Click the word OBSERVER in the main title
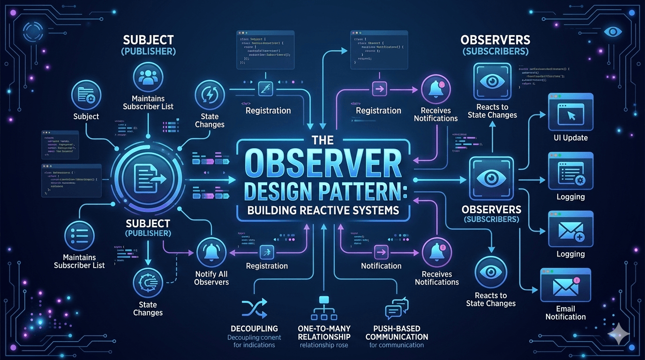point(323,164)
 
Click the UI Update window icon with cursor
point(570,113)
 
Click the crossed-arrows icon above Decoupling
point(254,309)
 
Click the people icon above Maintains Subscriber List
point(148,76)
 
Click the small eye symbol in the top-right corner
point(613,32)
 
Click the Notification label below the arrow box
point(381,266)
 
